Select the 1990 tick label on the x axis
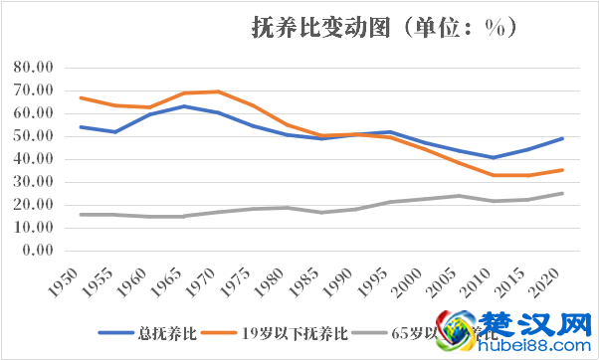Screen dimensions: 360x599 coord(332,285)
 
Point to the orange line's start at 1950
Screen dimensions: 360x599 coord(81,97)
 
